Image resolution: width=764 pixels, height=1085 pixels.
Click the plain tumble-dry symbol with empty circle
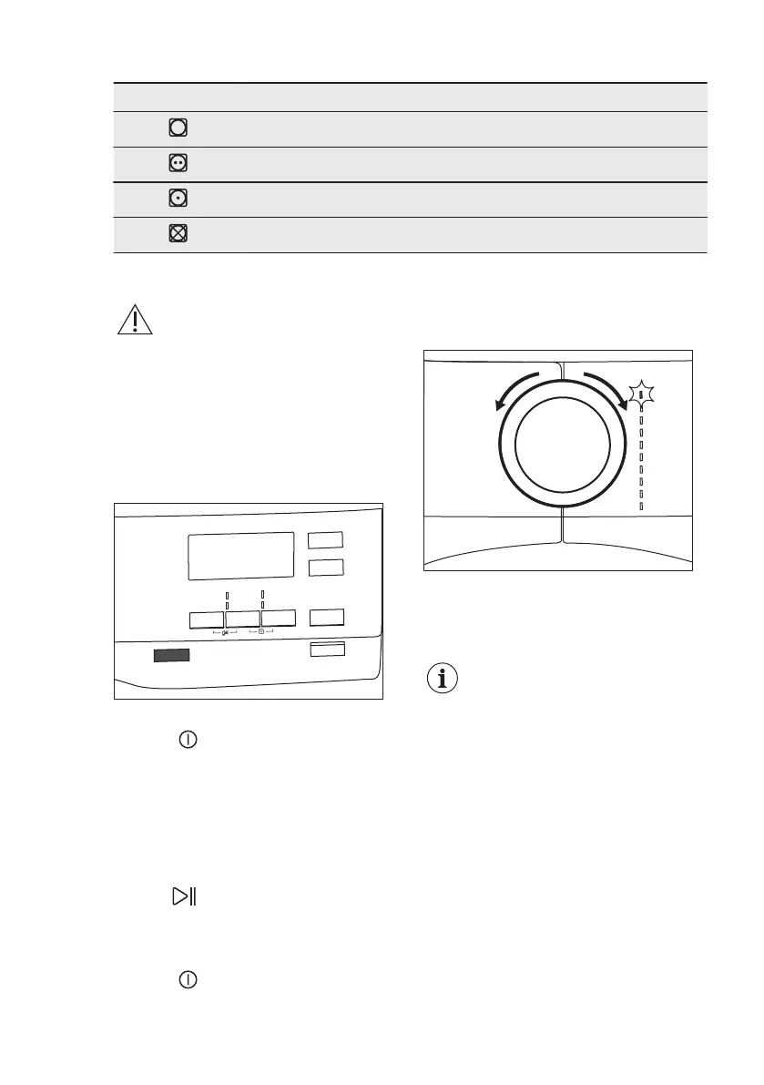click(178, 128)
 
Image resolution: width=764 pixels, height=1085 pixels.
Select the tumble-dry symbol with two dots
click(178, 164)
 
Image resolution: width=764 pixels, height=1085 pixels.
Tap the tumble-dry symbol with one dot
click(178, 199)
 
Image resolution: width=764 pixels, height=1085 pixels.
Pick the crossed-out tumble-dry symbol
click(178, 233)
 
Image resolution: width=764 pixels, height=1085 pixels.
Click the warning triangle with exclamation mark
click(134, 320)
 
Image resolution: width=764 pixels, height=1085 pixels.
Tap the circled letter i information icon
click(444, 679)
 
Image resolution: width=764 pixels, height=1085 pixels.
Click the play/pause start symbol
click(186, 897)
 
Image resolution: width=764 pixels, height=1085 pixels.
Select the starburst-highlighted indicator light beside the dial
click(642, 395)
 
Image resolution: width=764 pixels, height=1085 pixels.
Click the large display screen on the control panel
click(240, 556)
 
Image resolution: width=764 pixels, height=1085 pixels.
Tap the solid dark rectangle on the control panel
click(171, 655)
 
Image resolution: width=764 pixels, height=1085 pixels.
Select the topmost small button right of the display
click(325, 540)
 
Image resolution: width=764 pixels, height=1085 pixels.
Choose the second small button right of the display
click(325, 568)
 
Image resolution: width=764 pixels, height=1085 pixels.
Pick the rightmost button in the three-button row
click(279, 619)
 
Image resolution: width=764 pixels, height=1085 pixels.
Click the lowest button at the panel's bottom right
click(327, 649)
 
